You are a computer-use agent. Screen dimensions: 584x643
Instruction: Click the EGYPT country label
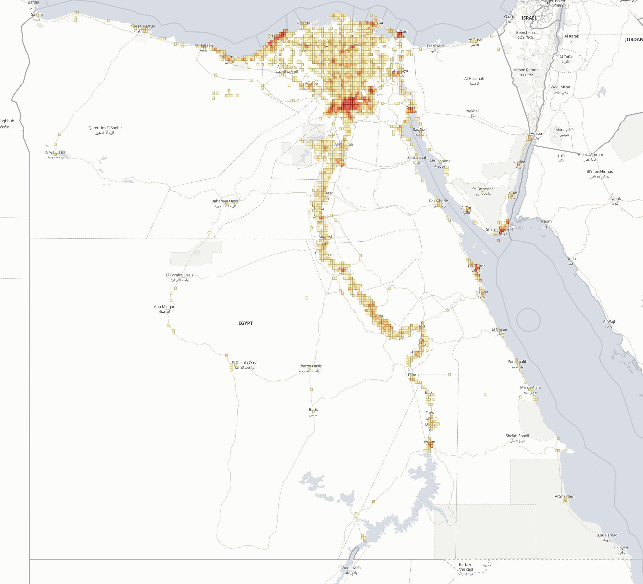coord(245,323)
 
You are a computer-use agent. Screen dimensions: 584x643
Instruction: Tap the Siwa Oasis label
coord(55,152)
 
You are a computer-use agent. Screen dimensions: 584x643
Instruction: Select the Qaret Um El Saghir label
coord(105,128)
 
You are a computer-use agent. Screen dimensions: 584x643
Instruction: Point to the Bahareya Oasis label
coord(225,201)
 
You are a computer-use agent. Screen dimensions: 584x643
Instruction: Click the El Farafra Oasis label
coord(180,275)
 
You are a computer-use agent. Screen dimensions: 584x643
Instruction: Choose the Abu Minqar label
coord(164,307)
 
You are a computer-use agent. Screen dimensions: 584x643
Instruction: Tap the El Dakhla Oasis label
coord(245,363)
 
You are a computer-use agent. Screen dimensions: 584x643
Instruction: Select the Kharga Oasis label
coord(310,366)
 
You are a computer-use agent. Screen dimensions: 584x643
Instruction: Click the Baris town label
coord(313,410)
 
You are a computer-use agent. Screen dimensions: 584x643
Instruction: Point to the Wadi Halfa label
coord(351,568)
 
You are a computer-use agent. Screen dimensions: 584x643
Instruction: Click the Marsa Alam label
coord(531,387)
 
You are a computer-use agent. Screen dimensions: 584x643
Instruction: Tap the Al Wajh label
coord(609,321)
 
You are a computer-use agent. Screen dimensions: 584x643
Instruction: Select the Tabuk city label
coord(615,199)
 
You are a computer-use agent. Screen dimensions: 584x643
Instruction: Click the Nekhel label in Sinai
coord(472,111)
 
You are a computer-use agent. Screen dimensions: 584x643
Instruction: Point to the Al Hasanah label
coord(474,79)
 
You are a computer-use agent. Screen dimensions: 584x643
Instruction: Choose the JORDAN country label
coord(634,39)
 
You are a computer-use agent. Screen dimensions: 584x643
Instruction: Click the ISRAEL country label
coord(529,18)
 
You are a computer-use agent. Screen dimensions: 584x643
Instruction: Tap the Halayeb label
coord(621,548)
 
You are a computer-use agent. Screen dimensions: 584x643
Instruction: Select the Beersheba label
coord(525,33)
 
